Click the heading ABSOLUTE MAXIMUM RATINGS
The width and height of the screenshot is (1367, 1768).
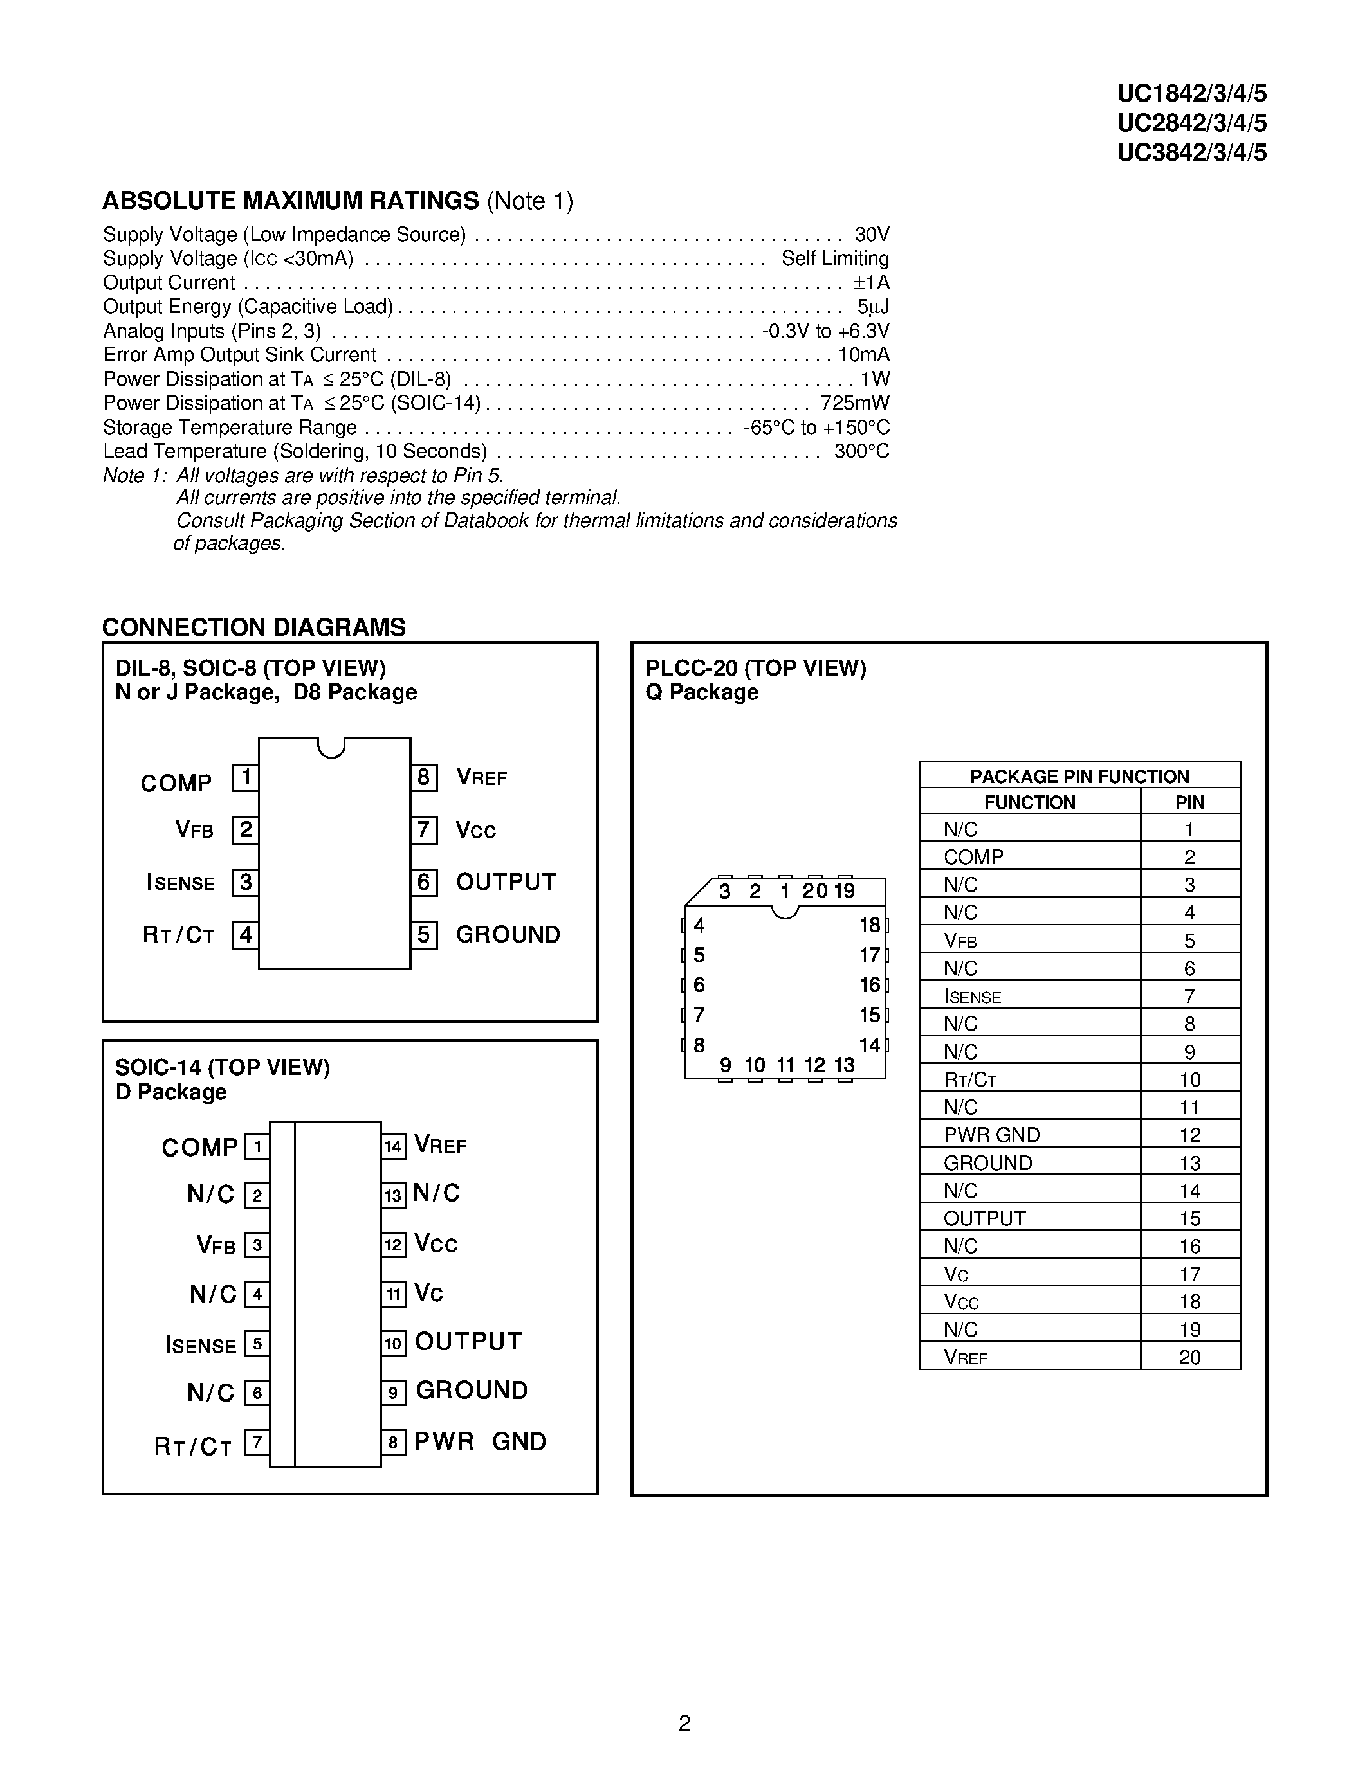coord(291,201)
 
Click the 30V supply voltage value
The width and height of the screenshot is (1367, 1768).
coord(872,235)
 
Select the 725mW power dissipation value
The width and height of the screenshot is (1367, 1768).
coord(854,403)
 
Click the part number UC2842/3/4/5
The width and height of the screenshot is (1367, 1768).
coord(1191,123)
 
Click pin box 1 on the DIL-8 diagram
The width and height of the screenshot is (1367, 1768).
coord(245,778)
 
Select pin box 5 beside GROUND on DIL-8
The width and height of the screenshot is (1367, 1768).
coord(423,935)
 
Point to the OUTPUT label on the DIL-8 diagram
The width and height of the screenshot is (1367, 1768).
coord(506,881)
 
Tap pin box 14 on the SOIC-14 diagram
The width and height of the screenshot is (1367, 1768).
coord(394,1146)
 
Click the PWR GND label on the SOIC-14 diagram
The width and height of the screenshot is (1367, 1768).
coord(481,1442)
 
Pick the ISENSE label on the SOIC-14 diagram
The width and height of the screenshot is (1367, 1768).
coord(201,1346)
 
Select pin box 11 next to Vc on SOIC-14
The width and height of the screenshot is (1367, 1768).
coord(394,1294)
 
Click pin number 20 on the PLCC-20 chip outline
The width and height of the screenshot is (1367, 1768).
coord(814,891)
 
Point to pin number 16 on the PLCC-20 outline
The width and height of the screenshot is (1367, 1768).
coord(870,985)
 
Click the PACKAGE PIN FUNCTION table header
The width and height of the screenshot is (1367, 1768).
coord(1079,777)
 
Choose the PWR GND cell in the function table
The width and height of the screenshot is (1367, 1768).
coord(991,1135)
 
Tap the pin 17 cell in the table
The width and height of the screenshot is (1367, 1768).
coord(1189,1274)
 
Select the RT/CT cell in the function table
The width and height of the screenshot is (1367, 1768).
coord(969,1080)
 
